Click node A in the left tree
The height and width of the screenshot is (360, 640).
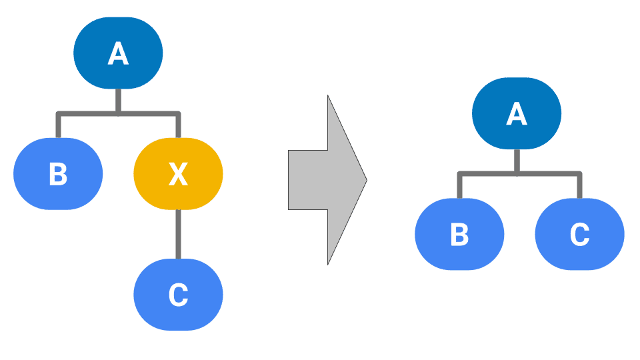tap(118, 53)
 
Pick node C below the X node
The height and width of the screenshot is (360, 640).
tap(178, 295)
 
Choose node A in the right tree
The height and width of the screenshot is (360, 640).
tap(517, 113)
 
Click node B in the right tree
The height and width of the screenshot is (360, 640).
tap(459, 234)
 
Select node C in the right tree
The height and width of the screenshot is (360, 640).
tap(579, 234)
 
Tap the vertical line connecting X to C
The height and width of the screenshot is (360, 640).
tap(178, 233)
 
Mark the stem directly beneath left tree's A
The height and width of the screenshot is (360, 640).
tap(118, 100)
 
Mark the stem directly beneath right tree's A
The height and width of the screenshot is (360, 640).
tap(517, 161)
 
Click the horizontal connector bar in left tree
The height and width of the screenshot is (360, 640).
tap(87, 113)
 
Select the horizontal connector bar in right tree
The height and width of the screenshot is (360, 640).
tap(487, 174)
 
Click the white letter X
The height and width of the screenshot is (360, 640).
tap(178, 174)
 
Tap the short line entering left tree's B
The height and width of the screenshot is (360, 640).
tap(58, 127)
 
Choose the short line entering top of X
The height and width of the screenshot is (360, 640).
tap(178, 127)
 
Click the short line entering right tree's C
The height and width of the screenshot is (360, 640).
tap(579, 187)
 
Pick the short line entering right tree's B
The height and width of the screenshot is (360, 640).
tap(459, 187)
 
